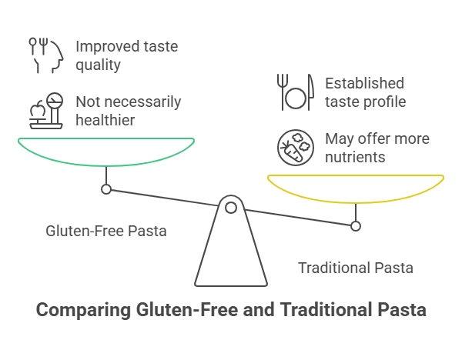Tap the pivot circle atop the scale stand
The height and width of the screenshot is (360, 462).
(230, 205)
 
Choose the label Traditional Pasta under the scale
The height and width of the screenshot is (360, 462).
(356, 268)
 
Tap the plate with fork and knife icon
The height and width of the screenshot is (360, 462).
(295, 92)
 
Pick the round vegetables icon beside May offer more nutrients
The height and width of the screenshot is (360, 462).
(296, 148)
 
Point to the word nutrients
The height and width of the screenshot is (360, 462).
(355, 157)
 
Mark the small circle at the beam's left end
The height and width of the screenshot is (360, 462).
(106, 189)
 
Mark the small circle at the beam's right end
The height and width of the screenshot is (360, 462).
(355, 226)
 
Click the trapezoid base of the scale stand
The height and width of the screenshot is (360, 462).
(230, 254)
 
